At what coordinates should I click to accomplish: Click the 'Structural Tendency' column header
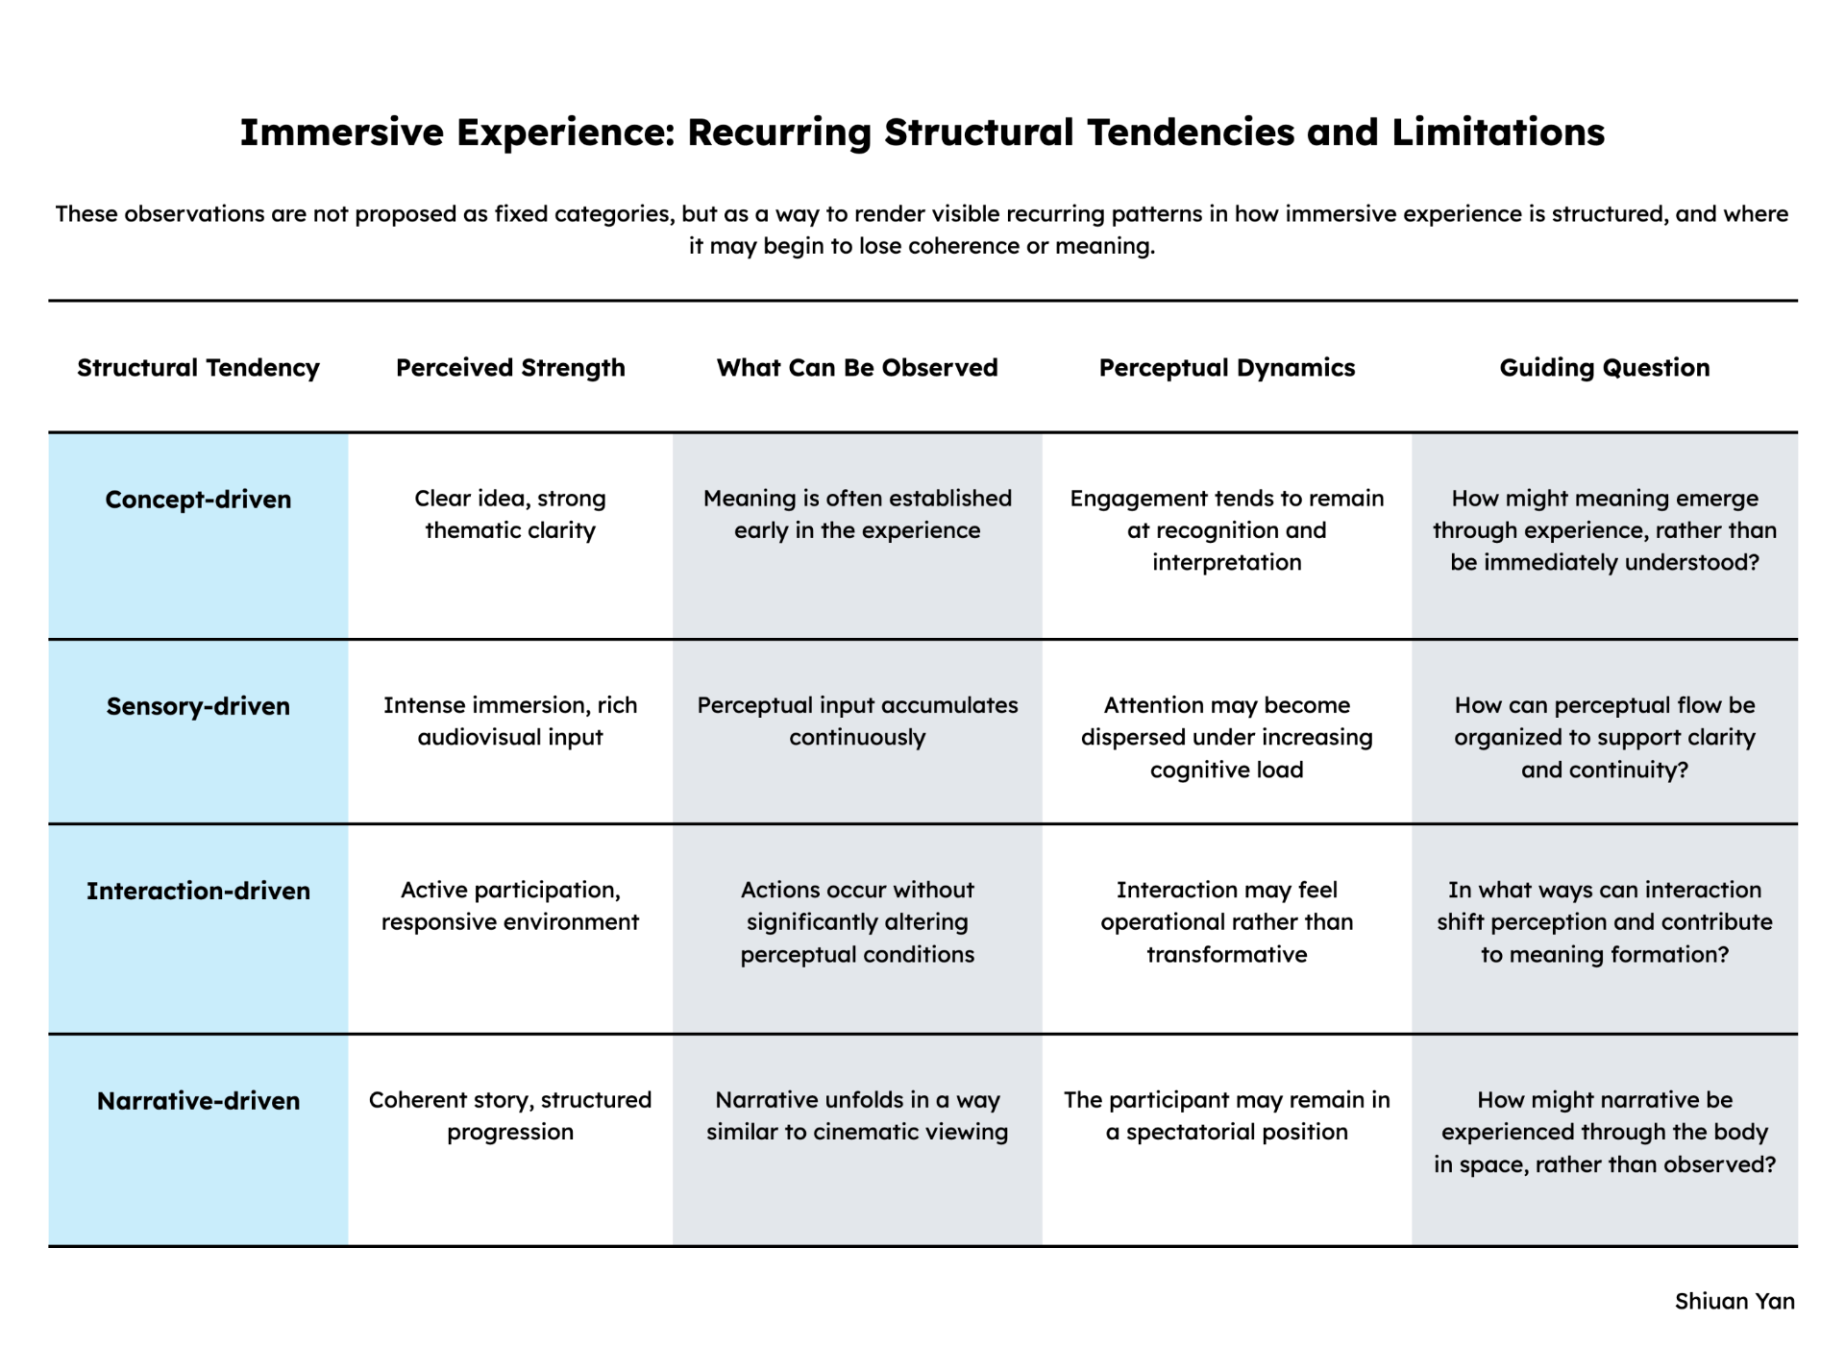[198, 368]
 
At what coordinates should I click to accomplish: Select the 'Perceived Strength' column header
[510, 368]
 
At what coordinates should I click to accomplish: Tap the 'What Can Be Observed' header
[857, 368]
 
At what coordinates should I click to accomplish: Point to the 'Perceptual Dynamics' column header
[1227, 368]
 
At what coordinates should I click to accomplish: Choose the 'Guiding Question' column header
[1605, 368]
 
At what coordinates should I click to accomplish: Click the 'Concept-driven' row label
[198, 500]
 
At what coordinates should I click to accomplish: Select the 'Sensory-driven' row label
[198, 706]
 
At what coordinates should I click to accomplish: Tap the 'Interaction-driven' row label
[198, 891]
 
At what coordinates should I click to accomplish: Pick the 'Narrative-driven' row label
[198, 1101]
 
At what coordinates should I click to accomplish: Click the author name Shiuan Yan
[1734, 1301]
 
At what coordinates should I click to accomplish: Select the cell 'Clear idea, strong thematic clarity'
[510, 514]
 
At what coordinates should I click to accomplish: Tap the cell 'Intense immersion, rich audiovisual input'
[510, 721]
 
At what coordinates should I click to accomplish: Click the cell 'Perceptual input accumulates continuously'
[857, 721]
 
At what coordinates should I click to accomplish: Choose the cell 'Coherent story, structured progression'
[510, 1115]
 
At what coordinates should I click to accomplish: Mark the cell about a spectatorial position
[1227, 1115]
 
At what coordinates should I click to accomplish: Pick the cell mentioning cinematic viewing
[857, 1115]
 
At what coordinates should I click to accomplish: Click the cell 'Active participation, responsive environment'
[510, 906]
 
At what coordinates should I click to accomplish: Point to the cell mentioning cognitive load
[1227, 737]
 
